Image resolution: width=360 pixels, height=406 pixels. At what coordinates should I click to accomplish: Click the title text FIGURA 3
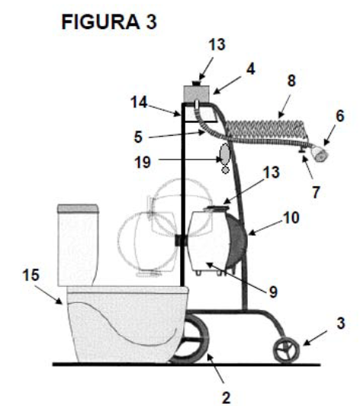click(109, 21)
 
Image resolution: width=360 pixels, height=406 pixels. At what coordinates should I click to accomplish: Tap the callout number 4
click(250, 69)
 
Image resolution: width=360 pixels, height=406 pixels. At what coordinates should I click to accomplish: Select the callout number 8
click(291, 81)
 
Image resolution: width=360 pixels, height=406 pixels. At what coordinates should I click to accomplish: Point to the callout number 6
click(340, 116)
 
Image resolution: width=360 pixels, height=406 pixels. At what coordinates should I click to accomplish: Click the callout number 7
click(316, 192)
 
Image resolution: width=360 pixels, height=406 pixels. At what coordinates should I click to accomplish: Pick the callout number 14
click(139, 102)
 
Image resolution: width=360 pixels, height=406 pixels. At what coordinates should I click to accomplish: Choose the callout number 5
click(138, 137)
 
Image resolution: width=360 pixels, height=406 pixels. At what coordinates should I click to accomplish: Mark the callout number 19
click(143, 163)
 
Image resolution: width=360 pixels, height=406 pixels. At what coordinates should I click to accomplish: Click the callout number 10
click(291, 217)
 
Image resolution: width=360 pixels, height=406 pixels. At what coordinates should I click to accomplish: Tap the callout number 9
click(273, 292)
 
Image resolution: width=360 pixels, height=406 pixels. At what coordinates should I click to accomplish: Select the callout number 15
click(31, 275)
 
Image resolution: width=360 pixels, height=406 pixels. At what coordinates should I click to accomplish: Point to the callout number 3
click(341, 324)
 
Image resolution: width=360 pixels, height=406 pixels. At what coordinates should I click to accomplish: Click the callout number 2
click(227, 398)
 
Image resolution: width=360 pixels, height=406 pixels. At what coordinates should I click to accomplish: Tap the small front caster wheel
click(287, 350)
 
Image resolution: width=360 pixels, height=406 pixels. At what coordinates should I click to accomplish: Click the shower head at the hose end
click(320, 154)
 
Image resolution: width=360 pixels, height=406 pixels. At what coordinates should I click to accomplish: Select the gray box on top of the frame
click(197, 93)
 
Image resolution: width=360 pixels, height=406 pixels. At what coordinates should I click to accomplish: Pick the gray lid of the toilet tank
click(78, 208)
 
